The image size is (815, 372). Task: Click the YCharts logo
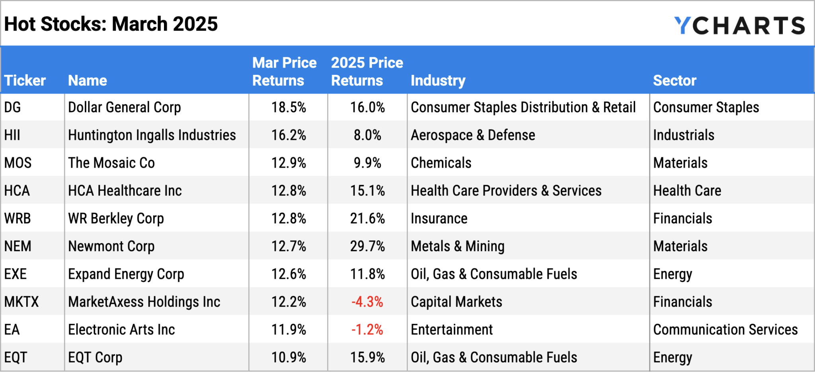tap(739, 25)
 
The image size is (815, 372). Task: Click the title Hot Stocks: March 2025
tap(111, 24)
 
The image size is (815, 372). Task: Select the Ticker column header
tap(25, 80)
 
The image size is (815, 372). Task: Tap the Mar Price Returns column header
tap(284, 72)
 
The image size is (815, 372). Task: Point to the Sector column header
tap(675, 80)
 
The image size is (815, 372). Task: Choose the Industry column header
tap(438, 80)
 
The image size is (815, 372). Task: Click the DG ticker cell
tap(12, 107)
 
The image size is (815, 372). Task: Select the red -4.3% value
tap(367, 302)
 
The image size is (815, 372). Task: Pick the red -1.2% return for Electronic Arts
tap(367, 330)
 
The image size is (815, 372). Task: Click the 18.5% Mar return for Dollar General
tap(289, 107)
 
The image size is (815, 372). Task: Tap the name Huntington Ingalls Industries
tap(152, 135)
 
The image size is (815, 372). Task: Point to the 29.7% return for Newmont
tap(367, 246)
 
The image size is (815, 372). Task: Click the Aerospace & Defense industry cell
tap(473, 135)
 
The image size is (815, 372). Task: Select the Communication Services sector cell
tap(725, 330)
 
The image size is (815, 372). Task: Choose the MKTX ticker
tap(21, 302)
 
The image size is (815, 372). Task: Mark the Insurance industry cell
tap(439, 219)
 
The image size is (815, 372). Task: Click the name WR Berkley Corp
tap(116, 219)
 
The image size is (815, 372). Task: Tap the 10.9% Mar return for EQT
tap(289, 357)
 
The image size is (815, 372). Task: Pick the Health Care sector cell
tap(687, 191)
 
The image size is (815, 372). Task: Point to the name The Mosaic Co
tap(111, 163)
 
